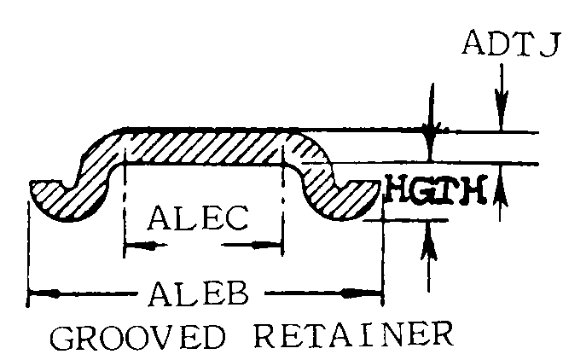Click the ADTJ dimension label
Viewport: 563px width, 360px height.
[x=512, y=44]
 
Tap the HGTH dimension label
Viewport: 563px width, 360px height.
[x=436, y=189]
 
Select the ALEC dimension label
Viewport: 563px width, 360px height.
[x=198, y=218]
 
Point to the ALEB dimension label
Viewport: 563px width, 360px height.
[x=199, y=293]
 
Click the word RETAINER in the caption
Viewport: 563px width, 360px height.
[x=354, y=335]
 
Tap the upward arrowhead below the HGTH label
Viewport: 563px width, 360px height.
[x=428, y=241]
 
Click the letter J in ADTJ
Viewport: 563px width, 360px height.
[x=550, y=44]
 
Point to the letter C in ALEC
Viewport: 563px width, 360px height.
[x=236, y=218]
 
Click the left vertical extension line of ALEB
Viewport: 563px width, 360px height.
[x=28, y=254]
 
